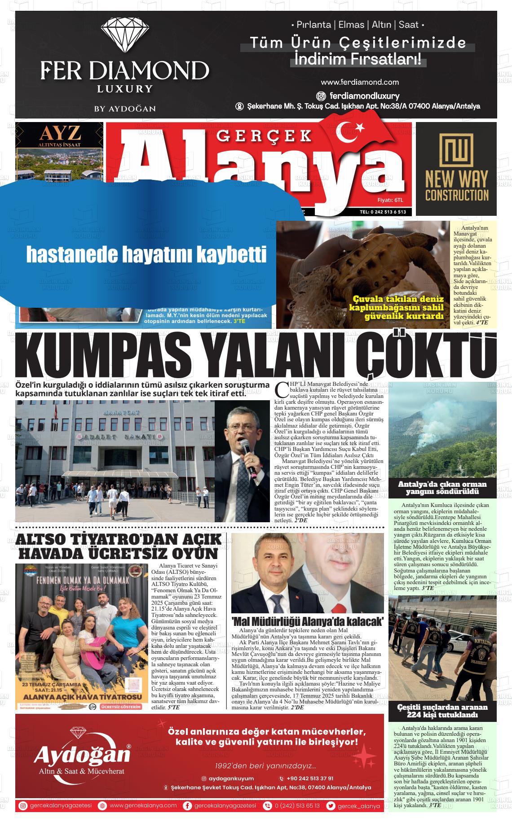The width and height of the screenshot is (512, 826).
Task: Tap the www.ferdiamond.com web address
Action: (360, 82)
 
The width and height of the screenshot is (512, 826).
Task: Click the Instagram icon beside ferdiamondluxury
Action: (321, 96)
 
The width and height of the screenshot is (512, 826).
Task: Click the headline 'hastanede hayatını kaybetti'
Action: (146, 254)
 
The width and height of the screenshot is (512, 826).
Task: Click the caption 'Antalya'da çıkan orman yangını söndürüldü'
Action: (442, 488)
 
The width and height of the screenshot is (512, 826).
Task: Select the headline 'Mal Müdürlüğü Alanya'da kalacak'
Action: (308, 621)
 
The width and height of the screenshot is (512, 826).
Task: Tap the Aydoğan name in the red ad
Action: (82, 755)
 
